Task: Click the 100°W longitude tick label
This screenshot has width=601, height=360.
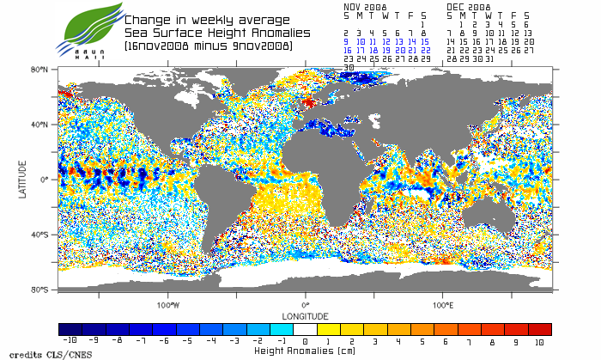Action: [168, 305]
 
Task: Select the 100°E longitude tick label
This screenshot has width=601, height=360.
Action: [442, 305]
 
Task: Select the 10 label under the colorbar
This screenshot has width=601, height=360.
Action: [539, 341]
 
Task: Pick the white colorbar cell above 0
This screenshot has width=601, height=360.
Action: [305, 329]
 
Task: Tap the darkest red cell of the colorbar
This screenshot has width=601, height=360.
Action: [539, 329]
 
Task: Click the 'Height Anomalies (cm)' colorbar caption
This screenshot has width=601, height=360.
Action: [304, 351]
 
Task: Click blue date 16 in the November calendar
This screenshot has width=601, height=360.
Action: [347, 50]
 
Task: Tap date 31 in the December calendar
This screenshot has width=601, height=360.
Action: [489, 58]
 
